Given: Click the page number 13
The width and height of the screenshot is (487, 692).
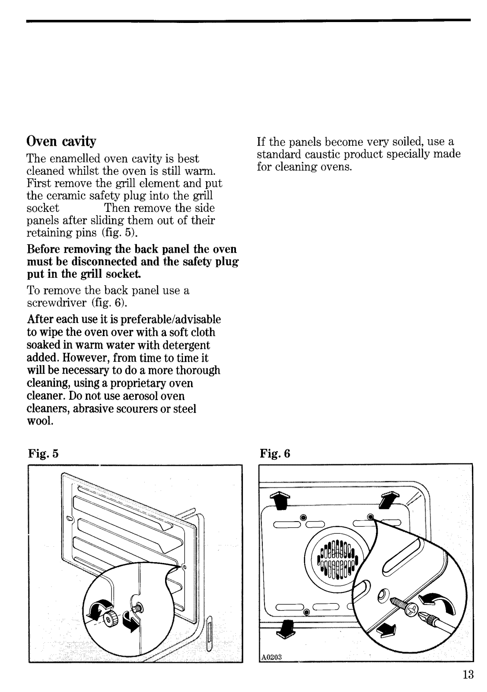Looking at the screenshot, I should [468, 674].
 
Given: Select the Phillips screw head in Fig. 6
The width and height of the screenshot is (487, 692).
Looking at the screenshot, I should [413, 609].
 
